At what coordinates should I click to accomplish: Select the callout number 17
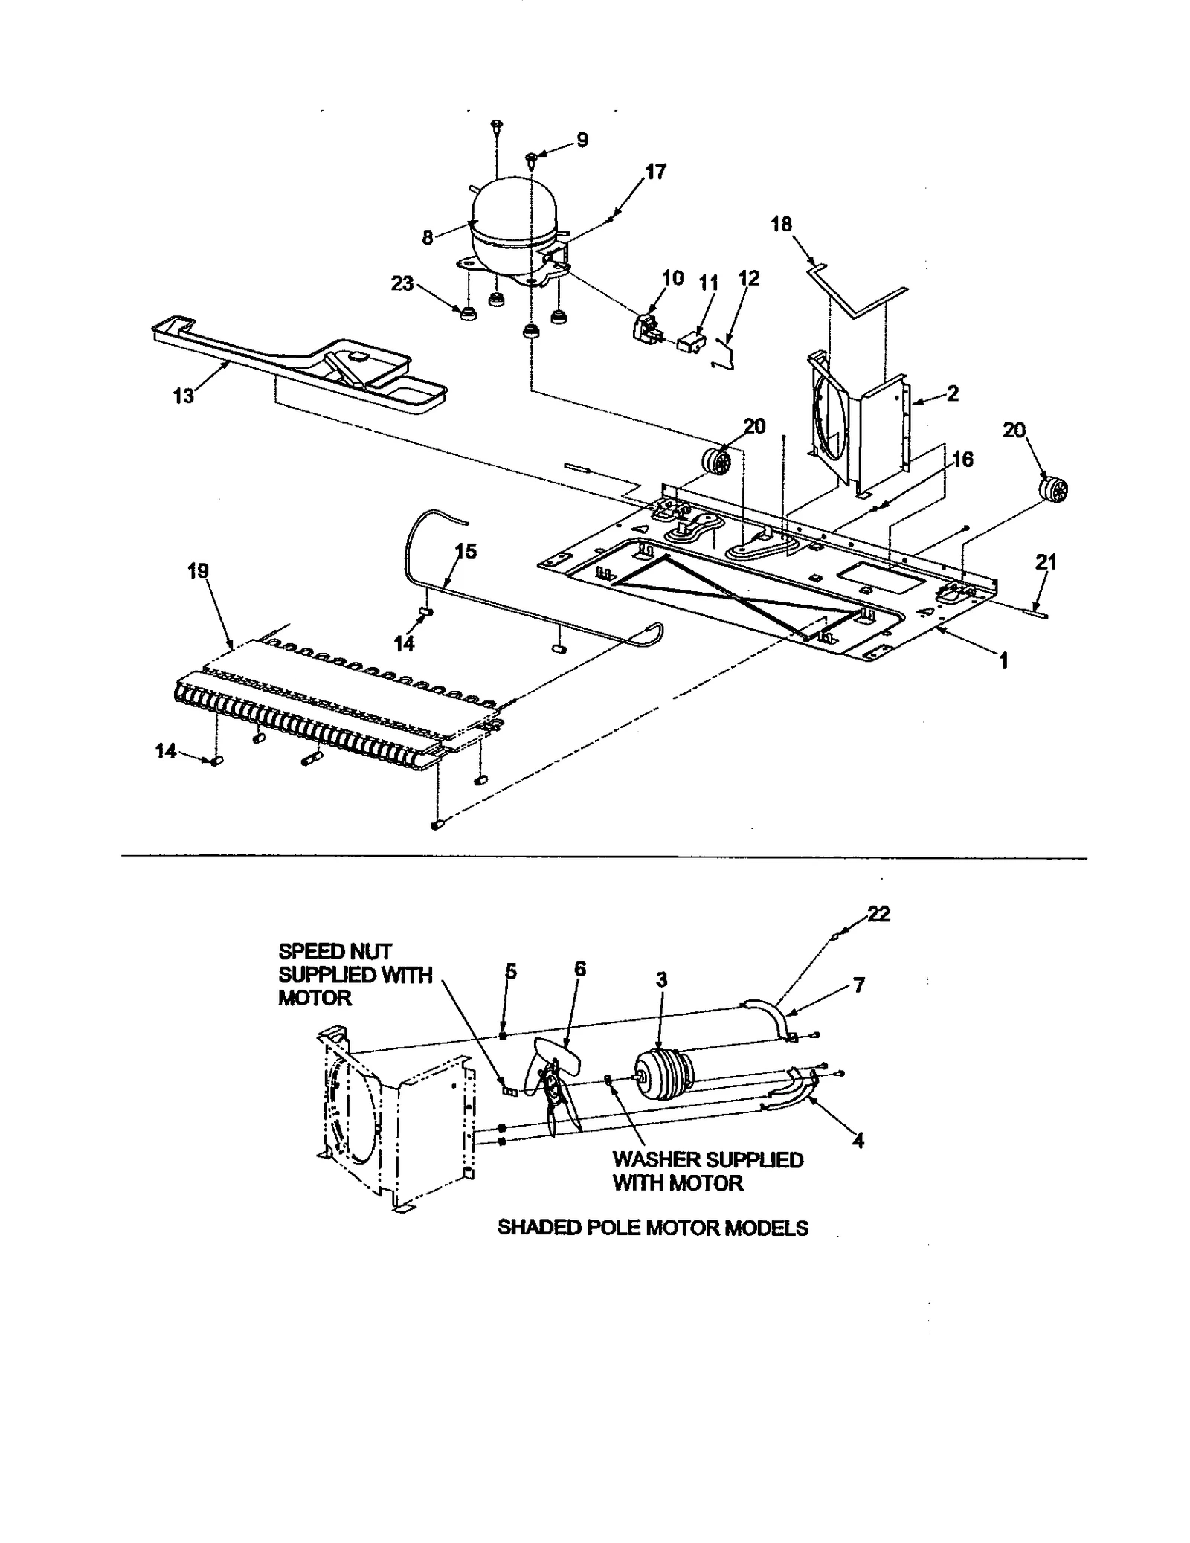[655, 173]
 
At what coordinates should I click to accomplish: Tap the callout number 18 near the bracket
[782, 224]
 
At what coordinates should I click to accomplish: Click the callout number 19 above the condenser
[198, 571]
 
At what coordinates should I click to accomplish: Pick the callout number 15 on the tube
[466, 552]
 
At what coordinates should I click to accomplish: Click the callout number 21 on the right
[1046, 563]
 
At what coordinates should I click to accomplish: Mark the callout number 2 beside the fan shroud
[953, 393]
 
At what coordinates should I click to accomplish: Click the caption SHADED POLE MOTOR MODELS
[652, 1228]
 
